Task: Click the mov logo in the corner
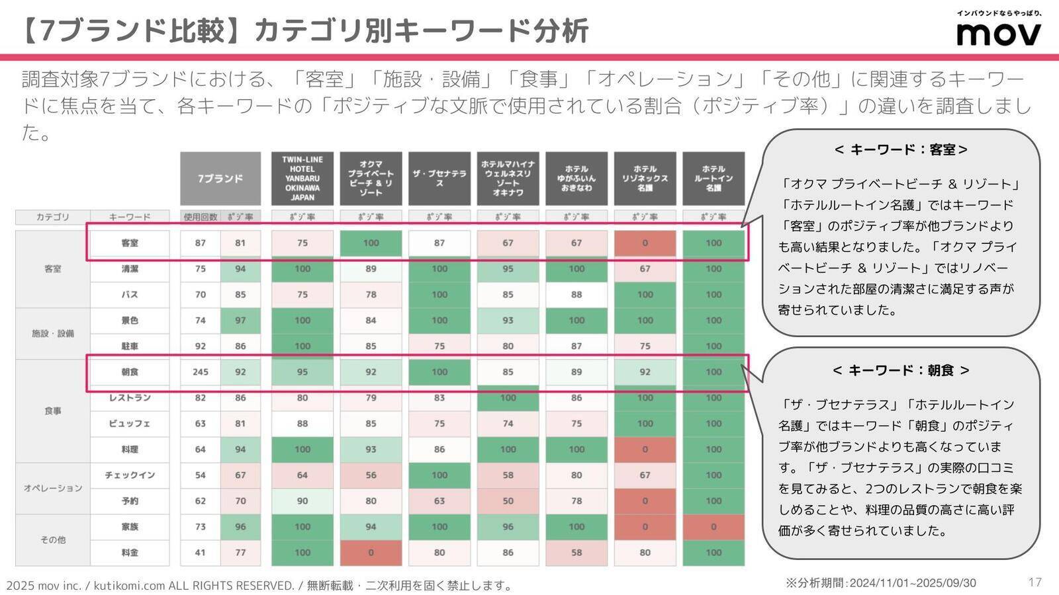[x=999, y=30]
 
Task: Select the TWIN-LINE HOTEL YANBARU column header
[x=302, y=178]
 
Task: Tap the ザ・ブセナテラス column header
[x=439, y=178]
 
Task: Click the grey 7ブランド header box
[x=220, y=178]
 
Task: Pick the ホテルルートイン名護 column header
[x=714, y=178]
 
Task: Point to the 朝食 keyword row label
[x=130, y=372]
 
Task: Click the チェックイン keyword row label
[x=130, y=475]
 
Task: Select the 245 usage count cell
[x=201, y=372]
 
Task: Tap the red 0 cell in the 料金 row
[x=371, y=553]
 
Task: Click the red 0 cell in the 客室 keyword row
[x=645, y=243]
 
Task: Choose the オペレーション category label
[x=53, y=488]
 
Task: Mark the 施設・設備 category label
[x=53, y=333]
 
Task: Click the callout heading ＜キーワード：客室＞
[x=901, y=150]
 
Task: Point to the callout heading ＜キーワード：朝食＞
[x=901, y=371]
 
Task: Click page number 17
[x=1035, y=582]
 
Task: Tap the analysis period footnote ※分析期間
[x=880, y=582]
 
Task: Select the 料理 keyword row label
[x=130, y=450]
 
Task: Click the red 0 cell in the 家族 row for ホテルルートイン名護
[x=714, y=527]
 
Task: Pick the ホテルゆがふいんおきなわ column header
[x=576, y=178]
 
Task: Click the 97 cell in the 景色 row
[x=240, y=321]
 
